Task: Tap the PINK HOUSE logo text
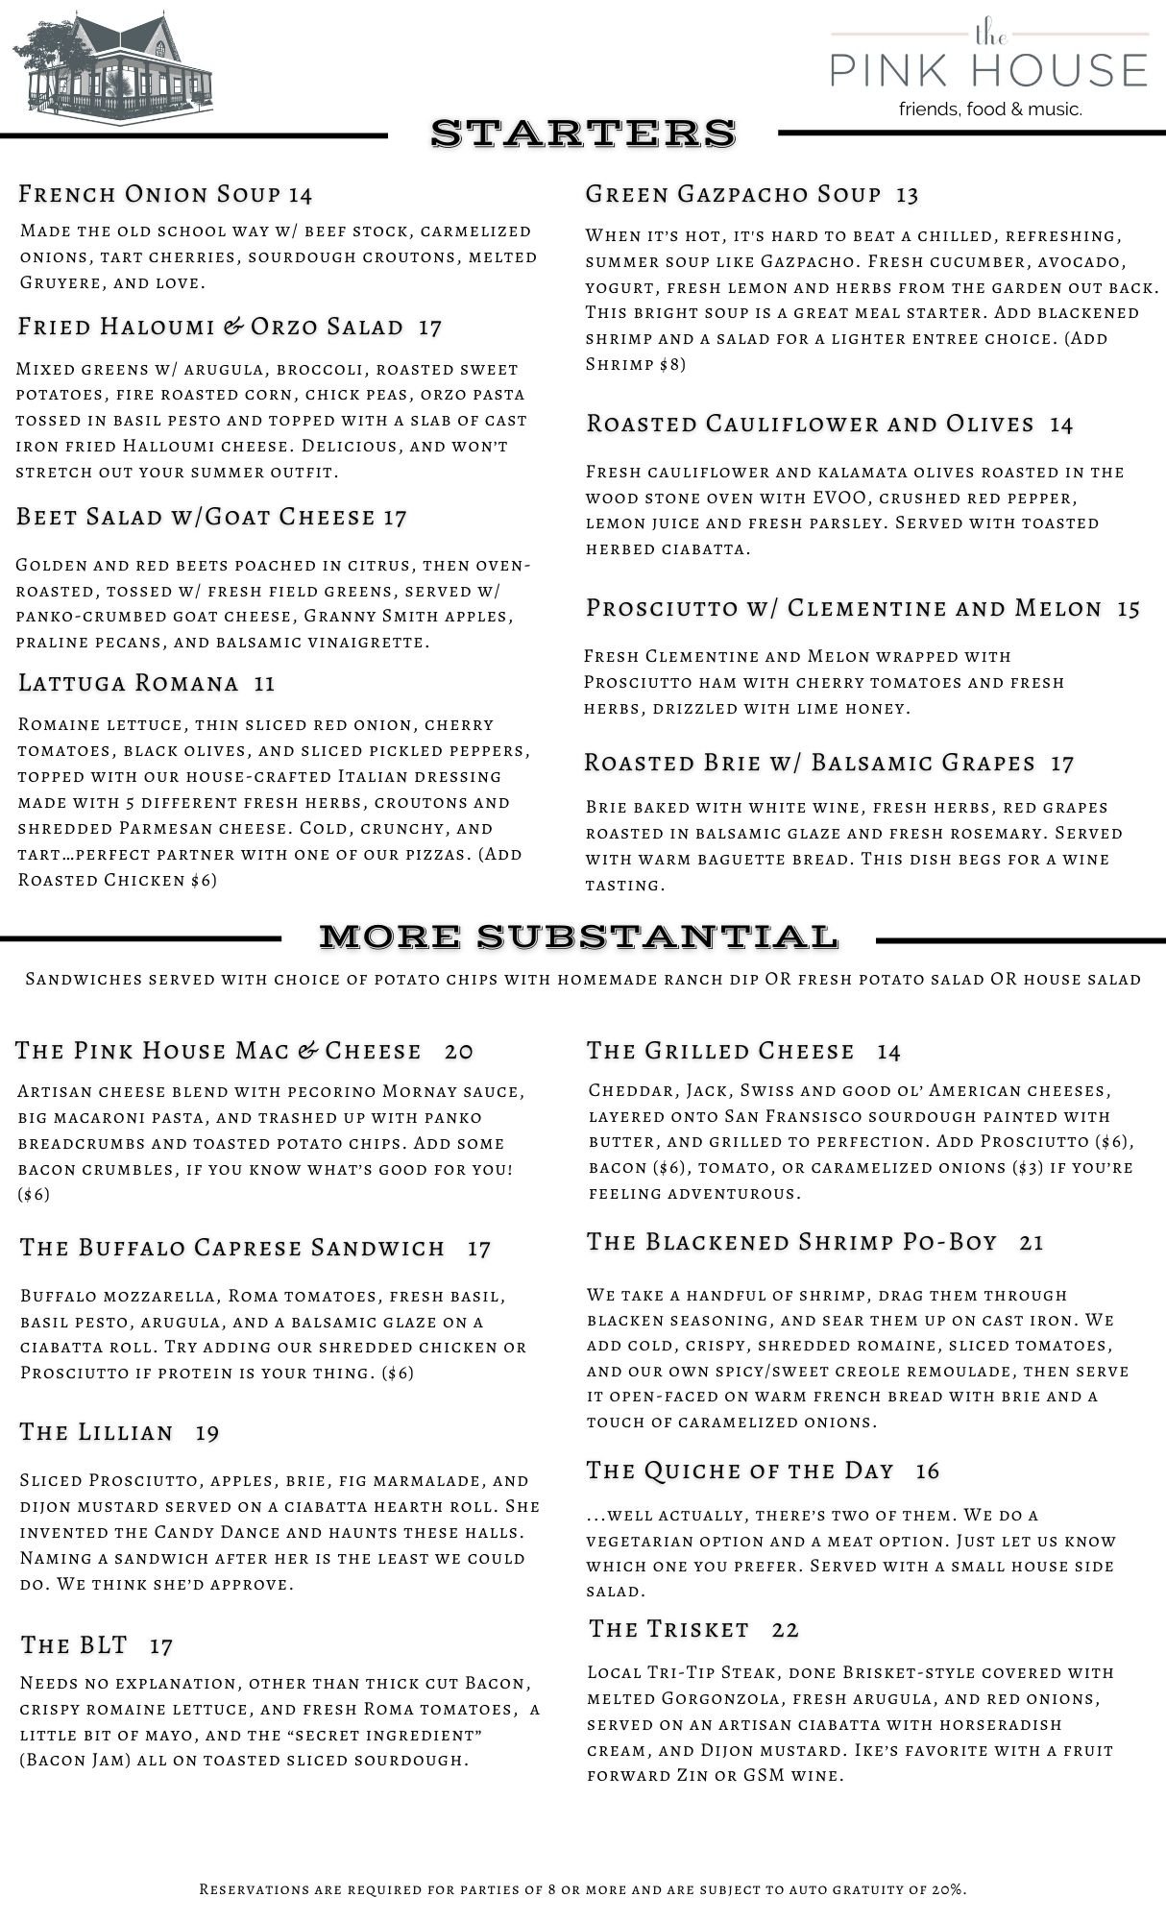pyautogui.click(x=989, y=69)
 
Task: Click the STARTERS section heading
pyautogui.click(x=583, y=134)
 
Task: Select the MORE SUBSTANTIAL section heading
pyautogui.click(x=578, y=936)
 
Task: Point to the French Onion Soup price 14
pyautogui.click(x=300, y=195)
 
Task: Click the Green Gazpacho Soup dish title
pyautogui.click(x=733, y=194)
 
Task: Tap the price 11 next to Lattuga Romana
pyautogui.click(x=264, y=684)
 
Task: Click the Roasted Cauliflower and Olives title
pyautogui.click(x=810, y=424)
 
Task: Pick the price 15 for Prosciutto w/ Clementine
pyautogui.click(x=1129, y=609)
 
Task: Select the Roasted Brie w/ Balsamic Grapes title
pyautogui.click(x=809, y=763)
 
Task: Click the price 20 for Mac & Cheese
pyautogui.click(x=459, y=1052)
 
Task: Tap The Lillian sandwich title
pyautogui.click(x=96, y=1433)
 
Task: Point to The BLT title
pyautogui.click(x=74, y=1645)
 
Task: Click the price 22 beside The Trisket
pyautogui.click(x=785, y=1630)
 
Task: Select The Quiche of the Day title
pyautogui.click(x=740, y=1471)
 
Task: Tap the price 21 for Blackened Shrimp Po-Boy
pyautogui.click(x=1032, y=1243)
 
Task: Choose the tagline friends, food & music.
pyautogui.click(x=989, y=109)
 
